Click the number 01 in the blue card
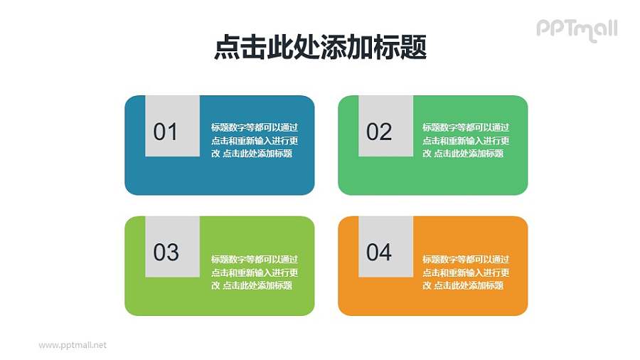(x=166, y=132)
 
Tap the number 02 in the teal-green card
(x=379, y=132)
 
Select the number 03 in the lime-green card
(x=166, y=253)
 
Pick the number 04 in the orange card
(x=379, y=253)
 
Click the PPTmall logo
(x=577, y=29)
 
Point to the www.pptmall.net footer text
(x=73, y=345)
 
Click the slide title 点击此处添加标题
(x=320, y=48)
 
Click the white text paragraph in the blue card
(x=254, y=141)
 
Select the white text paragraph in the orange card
(x=466, y=272)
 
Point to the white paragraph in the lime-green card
(x=254, y=272)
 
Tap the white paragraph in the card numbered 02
(x=466, y=141)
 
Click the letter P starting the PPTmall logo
(x=543, y=29)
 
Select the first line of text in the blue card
(x=254, y=128)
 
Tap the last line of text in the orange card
(x=463, y=285)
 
